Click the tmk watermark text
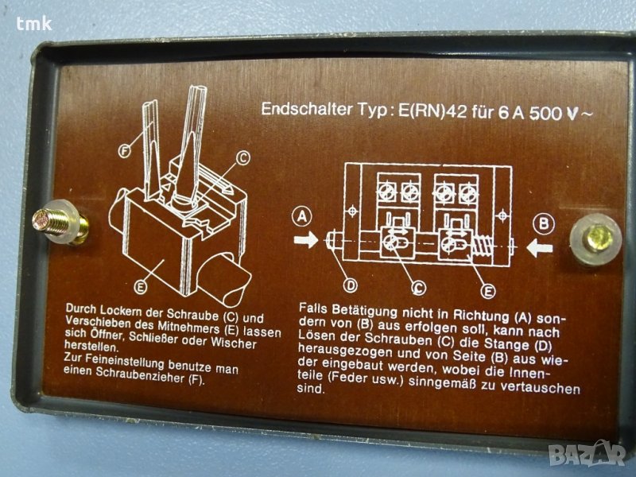coord(34,24)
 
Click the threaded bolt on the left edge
coord(59,223)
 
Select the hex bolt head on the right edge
coord(596,238)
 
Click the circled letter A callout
coord(302,217)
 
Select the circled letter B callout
coord(544,223)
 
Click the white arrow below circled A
coord(306,240)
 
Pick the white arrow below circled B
coord(540,248)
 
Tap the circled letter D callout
coord(351,285)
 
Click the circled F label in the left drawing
coord(125,151)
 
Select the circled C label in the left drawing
coord(242,157)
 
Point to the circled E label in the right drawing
coord(487,290)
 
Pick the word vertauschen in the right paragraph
coord(541,387)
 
